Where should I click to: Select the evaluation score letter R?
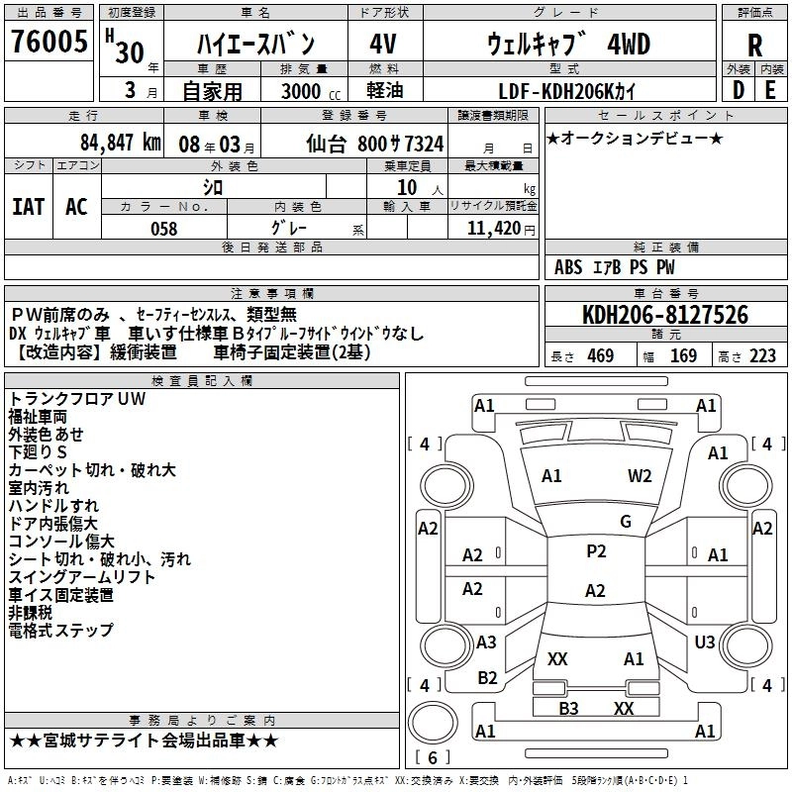pyautogui.click(x=754, y=46)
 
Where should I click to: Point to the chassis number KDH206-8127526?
pyautogui.click(x=664, y=316)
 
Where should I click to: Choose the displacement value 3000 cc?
pyautogui.click(x=302, y=91)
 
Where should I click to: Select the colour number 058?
pyautogui.click(x=163, y=229)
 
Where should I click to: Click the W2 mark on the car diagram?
pyautogui.click(x=640, y=476)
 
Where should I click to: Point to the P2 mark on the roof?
pyautogui.click(x=596, y=551)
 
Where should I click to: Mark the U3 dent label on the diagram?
pyautogui.click(x=705, y=643)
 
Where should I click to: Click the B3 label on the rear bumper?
pyautogui.click(x=568, y=709)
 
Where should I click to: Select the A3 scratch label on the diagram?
pyautogui.click(x=486, y=643)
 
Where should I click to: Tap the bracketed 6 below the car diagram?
pyautogui.click(x=433, y=758)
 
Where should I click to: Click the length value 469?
pyautogui.click(x=600, y=356)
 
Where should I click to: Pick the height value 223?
pyautogui.click(x=762, y=356)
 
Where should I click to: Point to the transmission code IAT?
pyautogui.click(x=28, y=207)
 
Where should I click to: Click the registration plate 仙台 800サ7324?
pyautogui.click(x=374, y=144)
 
